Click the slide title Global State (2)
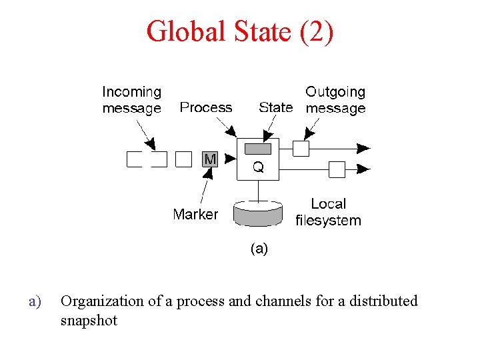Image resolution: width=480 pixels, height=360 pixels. pos(239,31)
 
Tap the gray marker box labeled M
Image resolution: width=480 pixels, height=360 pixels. pos(210,159)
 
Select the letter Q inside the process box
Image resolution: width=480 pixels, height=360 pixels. pos(258,168)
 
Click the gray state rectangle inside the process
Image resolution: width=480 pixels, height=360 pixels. pos(258,148)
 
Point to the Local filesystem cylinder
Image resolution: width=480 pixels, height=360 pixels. pos(258,213)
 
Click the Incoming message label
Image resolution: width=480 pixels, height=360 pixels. pos(132,100)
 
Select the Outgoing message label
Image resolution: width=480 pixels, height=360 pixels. pos(335,100)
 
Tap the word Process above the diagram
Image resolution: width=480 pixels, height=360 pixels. pos(206,107)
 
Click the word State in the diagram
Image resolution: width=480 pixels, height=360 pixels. pos(275,107)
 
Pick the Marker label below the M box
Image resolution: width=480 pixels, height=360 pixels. pos(195,214)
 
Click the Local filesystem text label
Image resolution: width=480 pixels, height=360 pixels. pos(328,212)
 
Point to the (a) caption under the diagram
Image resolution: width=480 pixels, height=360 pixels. pos(259,249)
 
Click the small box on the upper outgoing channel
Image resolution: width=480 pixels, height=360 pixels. pos(301,148)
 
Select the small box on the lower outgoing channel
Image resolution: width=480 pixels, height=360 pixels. pos(337,170)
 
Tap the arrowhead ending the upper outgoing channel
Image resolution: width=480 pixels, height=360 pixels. pos(364,148)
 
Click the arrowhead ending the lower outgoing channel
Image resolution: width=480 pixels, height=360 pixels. pos(364,170)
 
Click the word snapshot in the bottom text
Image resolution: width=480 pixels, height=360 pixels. pos(89,320)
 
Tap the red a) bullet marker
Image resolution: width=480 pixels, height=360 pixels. pos(35,301)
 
